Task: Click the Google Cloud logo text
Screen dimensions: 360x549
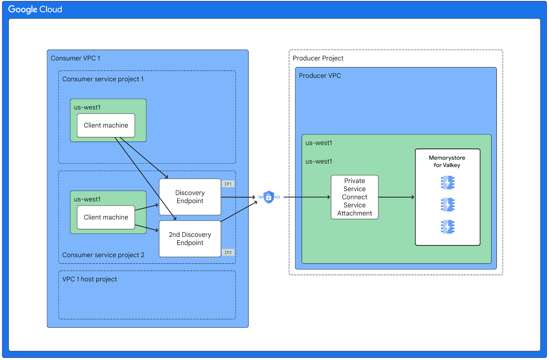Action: pyautogui.click(x=35, y=9)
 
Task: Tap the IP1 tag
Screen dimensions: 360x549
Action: pyautogui.click(x=228, y=184)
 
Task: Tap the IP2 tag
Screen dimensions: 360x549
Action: pyautogui.click(x=228, y=252)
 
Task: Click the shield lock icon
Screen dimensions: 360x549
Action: pyautogui.click(x=269, y=197)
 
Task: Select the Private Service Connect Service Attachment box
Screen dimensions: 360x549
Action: pyautogui.click(x=355, y=197)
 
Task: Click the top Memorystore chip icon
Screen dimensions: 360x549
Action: pyautogui.click(x=447, y=182)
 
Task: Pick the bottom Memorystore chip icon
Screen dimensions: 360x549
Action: pyautogui.click(x=447, y=227)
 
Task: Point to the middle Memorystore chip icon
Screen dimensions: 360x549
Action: pyautogui.click(x=447, y=205)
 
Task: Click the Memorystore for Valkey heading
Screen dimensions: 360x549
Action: pyautogui.click(x=447, y=161)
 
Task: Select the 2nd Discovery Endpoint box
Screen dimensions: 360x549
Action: pyautogui.click(x=190, y=239)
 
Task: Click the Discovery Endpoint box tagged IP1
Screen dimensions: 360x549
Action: pyautogui.click(x=190, y=197)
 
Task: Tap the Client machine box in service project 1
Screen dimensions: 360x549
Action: pyautogui.click(x=106, y=125)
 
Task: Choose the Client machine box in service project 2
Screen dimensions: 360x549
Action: pyautogui.click(x=106, y=217)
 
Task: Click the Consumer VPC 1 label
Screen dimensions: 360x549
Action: pyautogui.click(x=75, y=58)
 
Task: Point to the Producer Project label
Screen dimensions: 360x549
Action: pyautogui.click(x=318, y=58)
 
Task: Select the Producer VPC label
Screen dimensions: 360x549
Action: pyautogui.click(x=320, y=75)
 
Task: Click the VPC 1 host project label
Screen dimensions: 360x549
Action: pyautogui.click(x=90, y=279)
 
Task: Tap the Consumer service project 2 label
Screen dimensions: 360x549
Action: pyautogui.click(x=103, y=255)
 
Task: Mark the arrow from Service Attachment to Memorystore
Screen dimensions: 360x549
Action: pyautogui.click(x=396, y=197)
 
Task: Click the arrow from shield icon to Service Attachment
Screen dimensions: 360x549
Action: pyautogui.click(x=306, y=197)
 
